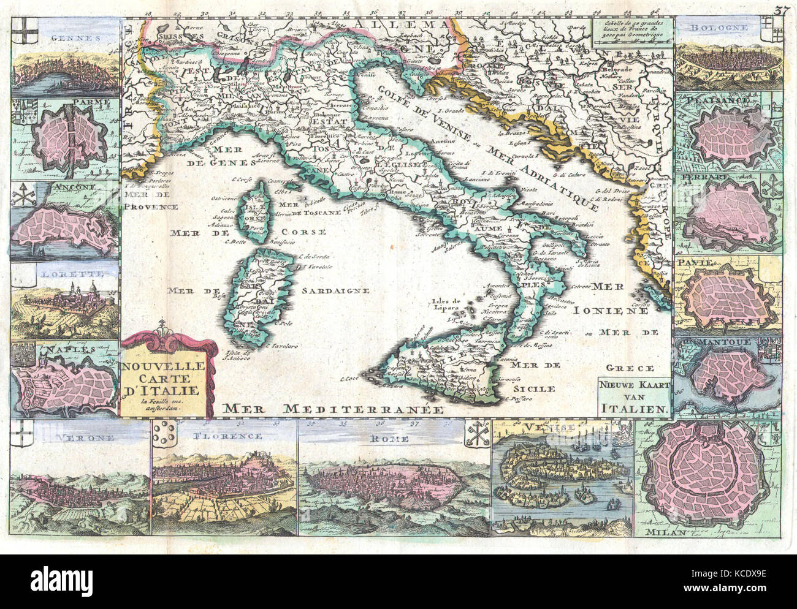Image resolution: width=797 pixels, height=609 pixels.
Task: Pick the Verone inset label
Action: pyautogui.click(x=79, y=437)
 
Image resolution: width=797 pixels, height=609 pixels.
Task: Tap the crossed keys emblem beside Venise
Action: pyautogui.click(x=478, y=432)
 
